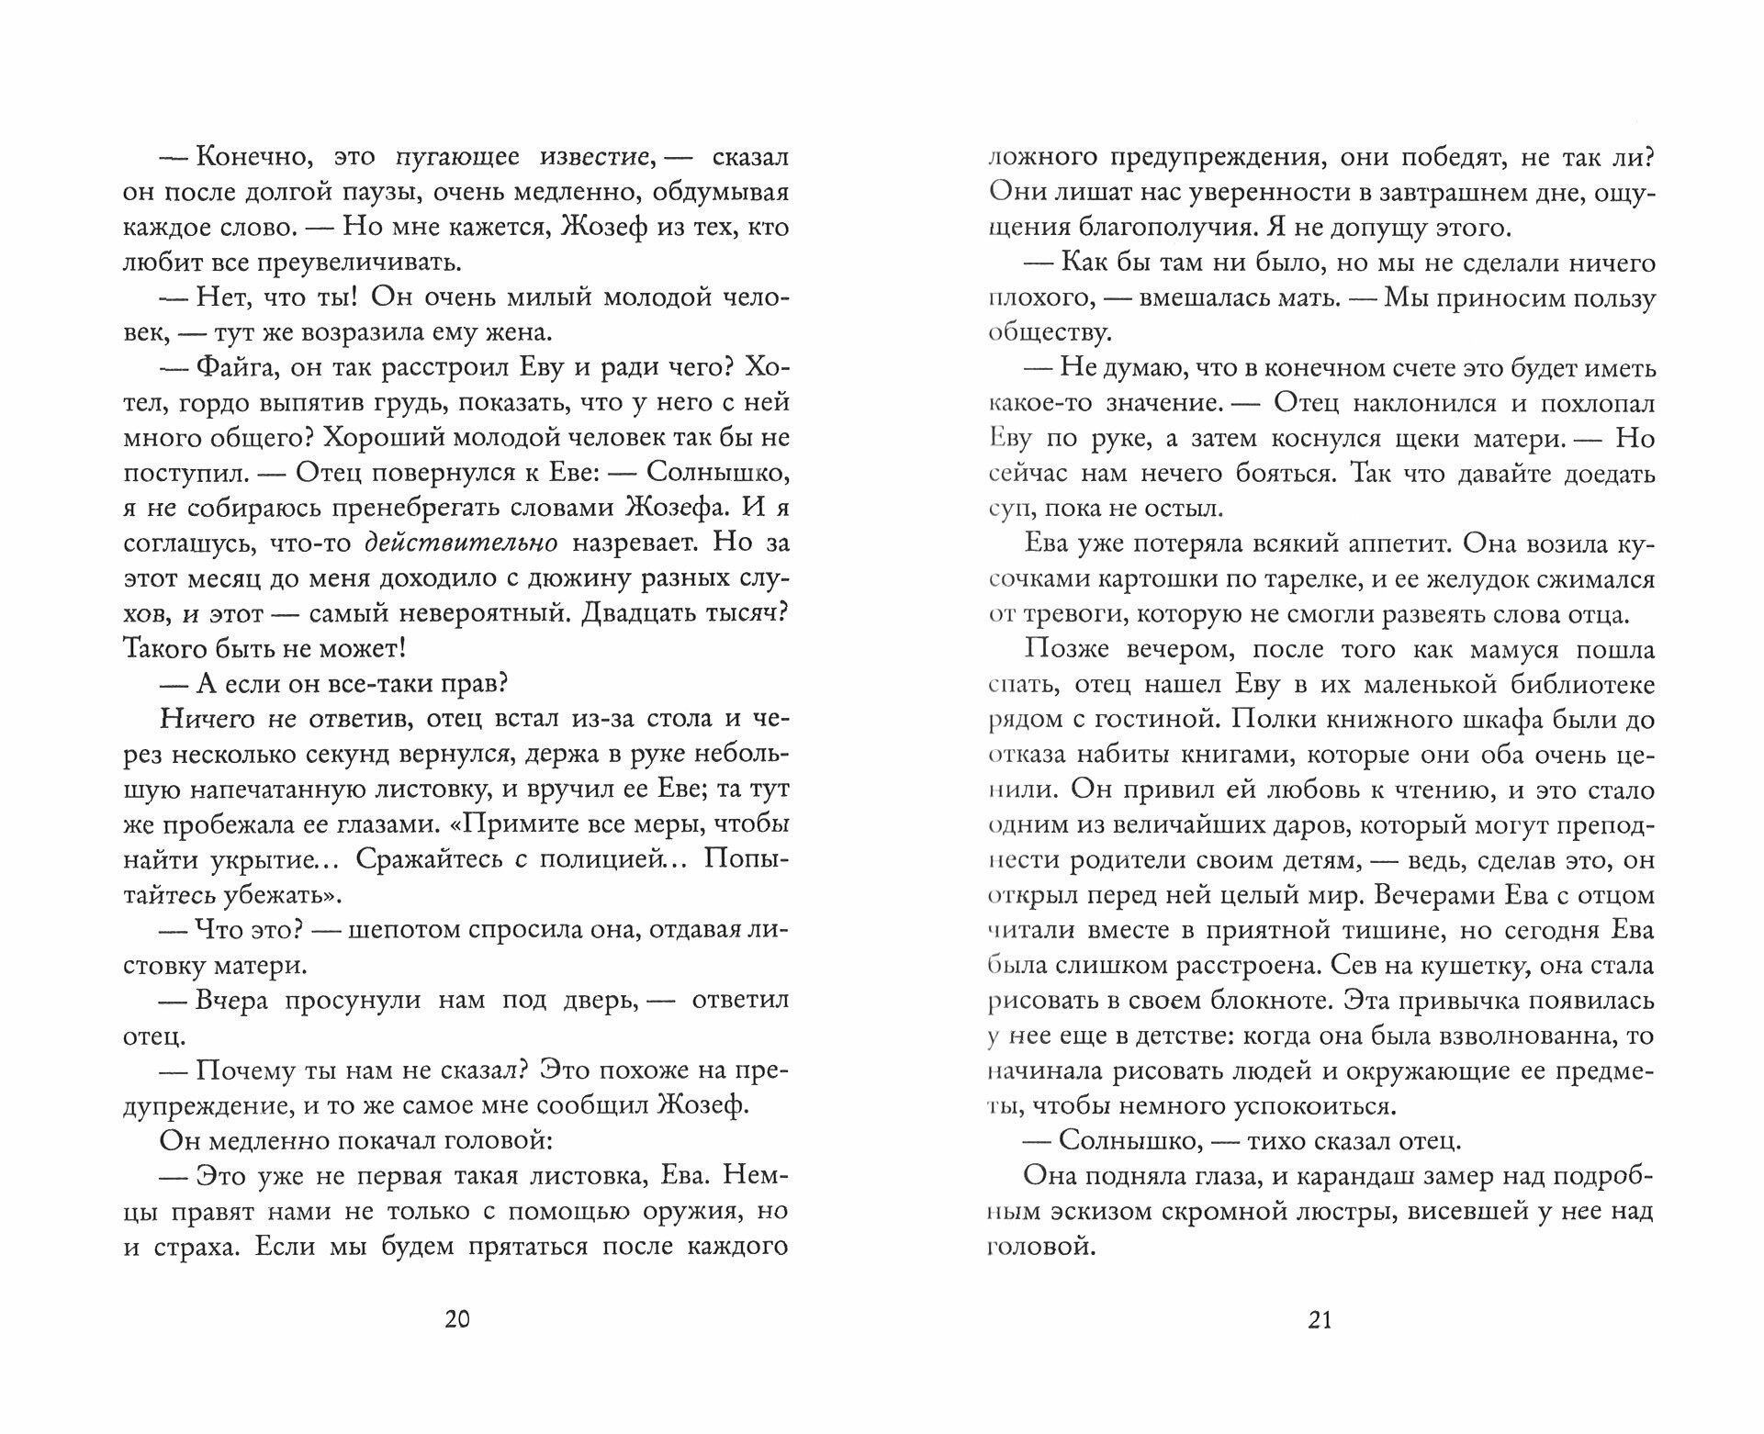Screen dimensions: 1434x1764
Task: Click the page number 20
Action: pos(456,1320)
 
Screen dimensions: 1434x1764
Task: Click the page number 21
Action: pos(1320,1320)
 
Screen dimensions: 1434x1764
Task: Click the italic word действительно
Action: pos(461,543)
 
